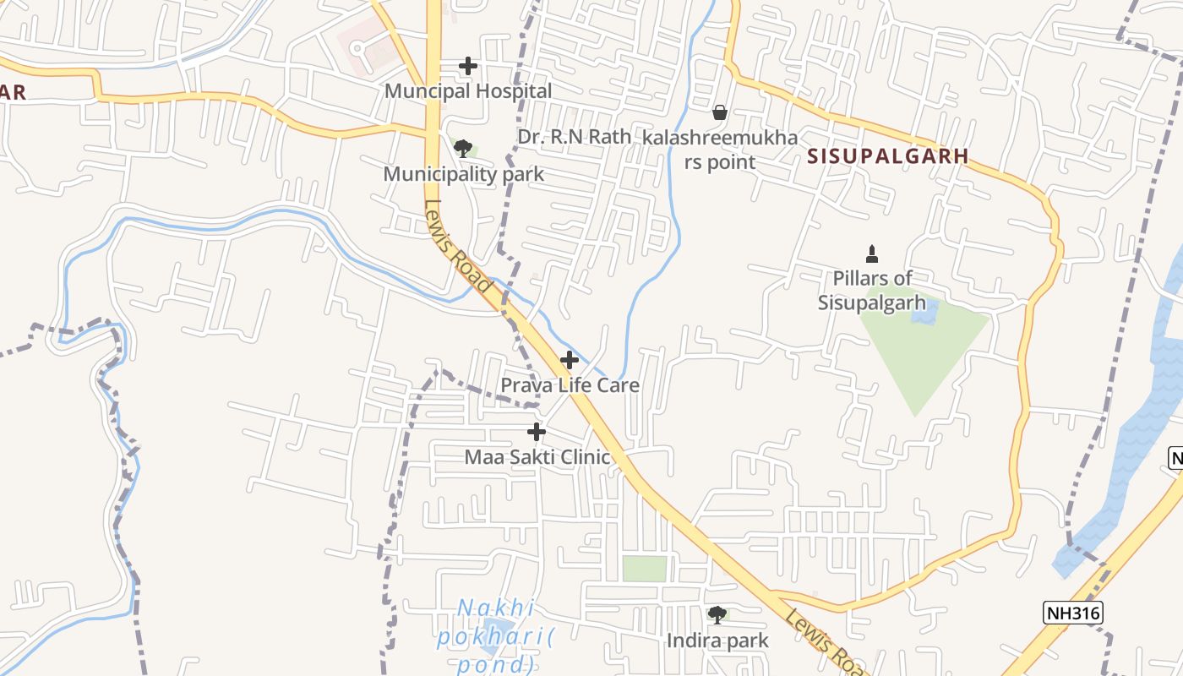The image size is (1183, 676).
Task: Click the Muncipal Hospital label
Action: coord(468,90)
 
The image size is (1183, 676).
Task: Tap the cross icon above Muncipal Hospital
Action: coord(467,66)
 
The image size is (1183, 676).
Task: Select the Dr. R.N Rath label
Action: coord(574,137)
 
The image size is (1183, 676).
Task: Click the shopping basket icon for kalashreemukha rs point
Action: coord(720,112)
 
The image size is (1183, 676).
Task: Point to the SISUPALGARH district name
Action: coord(887,156)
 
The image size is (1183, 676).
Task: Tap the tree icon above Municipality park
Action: coord(462,150)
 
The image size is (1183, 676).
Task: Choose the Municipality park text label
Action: coord(463,174)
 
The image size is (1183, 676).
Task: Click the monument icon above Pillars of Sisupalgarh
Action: coord(872,253)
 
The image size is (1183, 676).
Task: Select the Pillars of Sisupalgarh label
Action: coord(872,290)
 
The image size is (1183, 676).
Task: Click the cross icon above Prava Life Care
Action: coord(570,360)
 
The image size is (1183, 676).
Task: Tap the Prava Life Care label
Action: coord(570,385)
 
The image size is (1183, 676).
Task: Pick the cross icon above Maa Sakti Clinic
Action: coord(537,432)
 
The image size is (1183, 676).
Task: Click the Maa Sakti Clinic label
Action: coord(537,457)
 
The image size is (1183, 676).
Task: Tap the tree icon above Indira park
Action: coord(717,615)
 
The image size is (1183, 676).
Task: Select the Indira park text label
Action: coord(717,641)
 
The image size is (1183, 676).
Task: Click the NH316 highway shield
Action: coord(1073,613)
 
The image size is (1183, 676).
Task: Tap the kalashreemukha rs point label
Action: coord(719,149)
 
